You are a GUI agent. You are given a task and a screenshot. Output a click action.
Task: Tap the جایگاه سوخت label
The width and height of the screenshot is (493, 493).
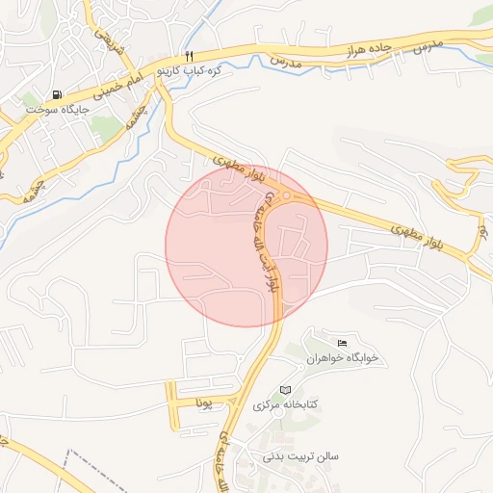(58, 110)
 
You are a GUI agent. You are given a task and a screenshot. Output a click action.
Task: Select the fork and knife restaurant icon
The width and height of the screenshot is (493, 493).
(190, 57)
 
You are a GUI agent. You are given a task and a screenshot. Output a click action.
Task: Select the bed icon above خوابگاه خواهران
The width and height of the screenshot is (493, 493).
(341, 344)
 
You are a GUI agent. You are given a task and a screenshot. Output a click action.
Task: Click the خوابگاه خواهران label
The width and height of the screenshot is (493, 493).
(343, 358)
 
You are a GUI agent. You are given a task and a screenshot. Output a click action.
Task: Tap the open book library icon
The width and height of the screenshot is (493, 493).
(284, 390)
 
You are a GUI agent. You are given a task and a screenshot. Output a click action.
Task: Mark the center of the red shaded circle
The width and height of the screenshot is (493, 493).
(246, 246)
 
